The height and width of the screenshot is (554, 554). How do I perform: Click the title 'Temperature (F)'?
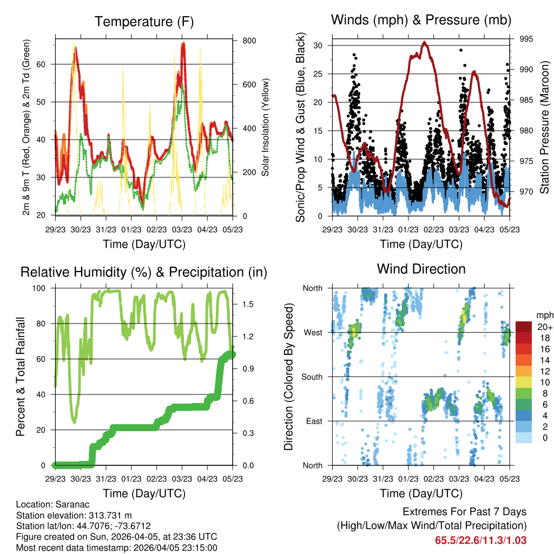click(x=144, y=22)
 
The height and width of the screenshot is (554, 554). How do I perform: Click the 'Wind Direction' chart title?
click(x=421, y=268)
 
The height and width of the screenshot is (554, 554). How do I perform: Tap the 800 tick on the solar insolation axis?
click(x=242, y=41)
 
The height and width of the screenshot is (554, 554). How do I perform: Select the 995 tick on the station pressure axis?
click(x=526, y=39)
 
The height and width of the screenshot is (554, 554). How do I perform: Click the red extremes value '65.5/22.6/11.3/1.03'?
click(x=480, y=540)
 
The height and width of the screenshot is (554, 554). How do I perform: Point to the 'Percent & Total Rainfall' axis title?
click(x=20, y=377)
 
